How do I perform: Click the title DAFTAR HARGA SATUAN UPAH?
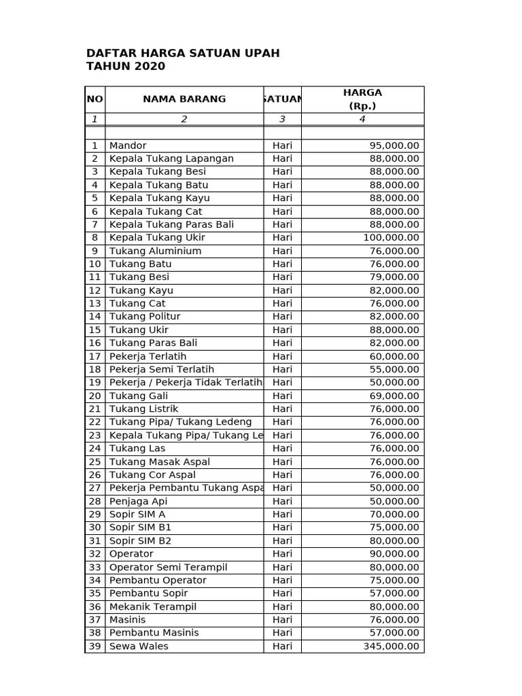pos(183,53)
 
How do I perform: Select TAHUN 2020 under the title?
pos(126,67)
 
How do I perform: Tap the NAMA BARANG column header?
pos(184,99)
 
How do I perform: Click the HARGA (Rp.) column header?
pos(362,99)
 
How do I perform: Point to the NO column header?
pos(95,99)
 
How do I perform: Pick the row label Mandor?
pos(128,145)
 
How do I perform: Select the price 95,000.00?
pos(394,145)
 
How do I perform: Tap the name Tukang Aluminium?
pos(155,251)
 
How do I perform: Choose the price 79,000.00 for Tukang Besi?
pos(394,277)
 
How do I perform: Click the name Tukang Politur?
pos(145,317)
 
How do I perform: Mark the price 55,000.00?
pos(394,369)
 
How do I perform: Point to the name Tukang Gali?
pos(139,396)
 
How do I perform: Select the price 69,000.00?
pos(394,396)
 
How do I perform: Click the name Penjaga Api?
pos(138,501)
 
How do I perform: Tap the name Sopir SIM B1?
pos(140,527)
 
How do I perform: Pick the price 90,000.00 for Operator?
pos(394,554)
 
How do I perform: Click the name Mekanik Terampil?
pos(153,606)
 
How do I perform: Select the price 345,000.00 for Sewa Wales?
pos(391,646)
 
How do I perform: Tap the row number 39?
pos(94,646)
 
